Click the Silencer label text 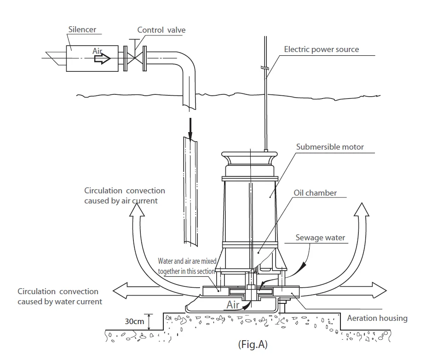pos(82,29)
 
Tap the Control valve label pos(161,30)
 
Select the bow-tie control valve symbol pos(135,58)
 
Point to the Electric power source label pos(322,49)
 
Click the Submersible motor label pos(330,147)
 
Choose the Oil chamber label pos(315,193)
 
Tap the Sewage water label pos(320,238)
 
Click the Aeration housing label pos(377,318)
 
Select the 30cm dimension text pos(134,321)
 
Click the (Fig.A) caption pos(253,344)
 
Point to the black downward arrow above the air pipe pos(190,129)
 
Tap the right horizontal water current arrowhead pos(380,290)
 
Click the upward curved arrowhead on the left pos(137,210)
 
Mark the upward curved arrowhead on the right pos(362,209)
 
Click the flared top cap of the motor pos(249,158)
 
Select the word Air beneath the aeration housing pos(233,305)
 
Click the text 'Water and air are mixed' pos(187,261)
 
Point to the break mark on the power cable pos(265,68)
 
